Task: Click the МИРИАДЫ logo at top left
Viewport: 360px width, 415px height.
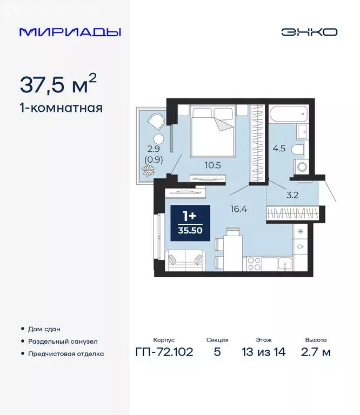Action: coord(70,32)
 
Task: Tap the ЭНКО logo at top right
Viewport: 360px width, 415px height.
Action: coord(309,32)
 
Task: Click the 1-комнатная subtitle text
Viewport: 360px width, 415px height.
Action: coord(61,108)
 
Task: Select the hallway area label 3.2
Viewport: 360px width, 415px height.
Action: coord(292,195)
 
